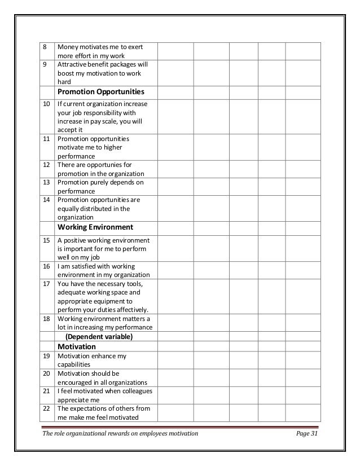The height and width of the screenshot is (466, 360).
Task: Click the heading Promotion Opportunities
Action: click(102, 91)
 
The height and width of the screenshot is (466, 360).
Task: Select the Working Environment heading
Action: click(95, 227)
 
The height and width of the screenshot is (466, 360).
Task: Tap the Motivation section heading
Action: click(77, 346)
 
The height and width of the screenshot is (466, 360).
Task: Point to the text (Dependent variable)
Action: click(99, 337)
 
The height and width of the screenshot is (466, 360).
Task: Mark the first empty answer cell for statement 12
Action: click(175, 169)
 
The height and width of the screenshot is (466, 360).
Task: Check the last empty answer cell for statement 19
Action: click(302, 360)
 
